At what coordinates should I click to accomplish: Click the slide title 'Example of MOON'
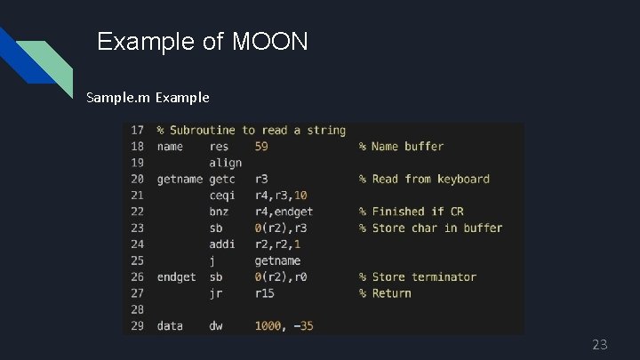click(x=203, y=41)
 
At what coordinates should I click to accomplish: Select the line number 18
click(x=137, y=147)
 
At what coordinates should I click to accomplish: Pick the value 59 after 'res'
click(x=261, y=147)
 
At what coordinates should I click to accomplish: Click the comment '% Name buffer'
click(x=401, y=147)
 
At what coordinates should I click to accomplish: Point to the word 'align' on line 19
click(x=225, y=163)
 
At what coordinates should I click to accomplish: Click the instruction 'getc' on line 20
click(x=222, y=179)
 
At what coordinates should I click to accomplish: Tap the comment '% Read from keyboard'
click(x=424, y=179)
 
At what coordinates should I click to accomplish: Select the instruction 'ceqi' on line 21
click(x=222, y=196)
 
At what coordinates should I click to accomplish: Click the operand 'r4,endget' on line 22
click(x=284, y=212)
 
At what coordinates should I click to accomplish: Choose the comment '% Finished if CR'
click(x=411, y=212)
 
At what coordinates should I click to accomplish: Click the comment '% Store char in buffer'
click(x=430, y=228)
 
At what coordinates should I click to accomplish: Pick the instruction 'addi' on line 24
click(x=222, y=244)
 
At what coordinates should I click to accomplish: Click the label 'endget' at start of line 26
click(x=176, y=276)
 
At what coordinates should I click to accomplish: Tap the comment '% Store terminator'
click(x=418, y=276)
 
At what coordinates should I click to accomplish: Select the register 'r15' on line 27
click(x=264, y=293)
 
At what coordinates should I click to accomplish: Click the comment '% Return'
click(x=385, y=293)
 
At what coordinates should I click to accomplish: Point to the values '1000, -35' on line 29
click(x=284, y=326)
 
